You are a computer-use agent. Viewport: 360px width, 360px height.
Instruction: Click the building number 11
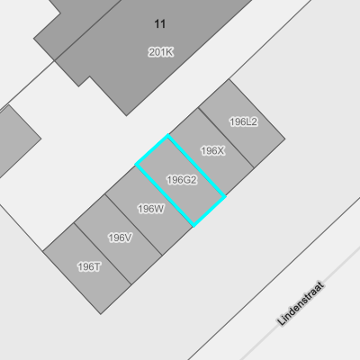(160, 24)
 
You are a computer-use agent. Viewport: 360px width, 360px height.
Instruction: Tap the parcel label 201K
(161, 52)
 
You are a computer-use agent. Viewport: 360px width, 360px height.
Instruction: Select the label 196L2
(243, 121)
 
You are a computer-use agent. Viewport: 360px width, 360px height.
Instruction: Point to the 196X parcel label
(212, 150)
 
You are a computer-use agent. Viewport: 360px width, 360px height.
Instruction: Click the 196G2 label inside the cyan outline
(182, 180)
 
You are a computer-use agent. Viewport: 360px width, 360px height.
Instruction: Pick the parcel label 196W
(151, 209)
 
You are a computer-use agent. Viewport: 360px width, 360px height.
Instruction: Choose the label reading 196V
(120, 238)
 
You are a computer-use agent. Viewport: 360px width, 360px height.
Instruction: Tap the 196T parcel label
(89, 266)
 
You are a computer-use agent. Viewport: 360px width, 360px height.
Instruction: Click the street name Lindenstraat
(301, 303)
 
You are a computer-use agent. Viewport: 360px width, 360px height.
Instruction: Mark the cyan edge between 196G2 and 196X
(196, 166)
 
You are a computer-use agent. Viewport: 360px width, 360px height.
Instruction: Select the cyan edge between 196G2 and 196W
(165, 194)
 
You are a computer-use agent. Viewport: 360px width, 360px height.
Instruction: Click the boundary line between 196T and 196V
(103, 254)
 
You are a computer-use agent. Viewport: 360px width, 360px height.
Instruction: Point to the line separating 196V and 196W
(134, 225)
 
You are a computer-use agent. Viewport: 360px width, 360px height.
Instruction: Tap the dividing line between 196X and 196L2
(226, 138)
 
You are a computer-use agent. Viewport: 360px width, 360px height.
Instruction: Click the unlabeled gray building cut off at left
(15, 140)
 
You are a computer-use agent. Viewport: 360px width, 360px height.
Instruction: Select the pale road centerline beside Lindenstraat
(300, 303)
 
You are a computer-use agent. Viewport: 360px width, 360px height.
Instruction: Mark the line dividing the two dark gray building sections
(87, 30)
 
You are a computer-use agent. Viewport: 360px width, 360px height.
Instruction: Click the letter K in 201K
(169, 52)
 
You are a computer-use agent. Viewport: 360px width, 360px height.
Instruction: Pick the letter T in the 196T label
(97, 266)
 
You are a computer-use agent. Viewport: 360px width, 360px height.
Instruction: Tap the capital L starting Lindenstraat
(281, 321)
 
